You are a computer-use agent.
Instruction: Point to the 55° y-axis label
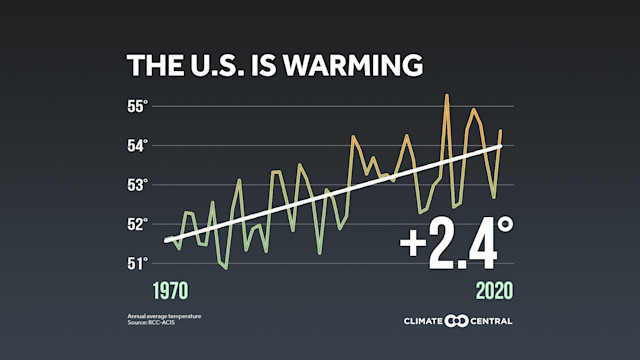click(x=136, y=106)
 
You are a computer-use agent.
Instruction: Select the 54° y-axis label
click(x=136, y=145)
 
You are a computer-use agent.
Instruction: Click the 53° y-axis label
click(x=136, y=185)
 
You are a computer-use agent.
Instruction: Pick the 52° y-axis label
click(x=136, y=224)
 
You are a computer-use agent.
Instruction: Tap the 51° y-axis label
click(x=136, y=263)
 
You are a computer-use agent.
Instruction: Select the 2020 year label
click(x=494, y=291)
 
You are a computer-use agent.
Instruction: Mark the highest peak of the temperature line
click(x=446, y=95)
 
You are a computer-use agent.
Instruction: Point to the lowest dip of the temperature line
click(x=226, y=268)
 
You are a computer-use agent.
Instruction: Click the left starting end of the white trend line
click(x=165, y=240)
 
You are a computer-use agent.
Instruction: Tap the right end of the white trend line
click(x=501, y=146)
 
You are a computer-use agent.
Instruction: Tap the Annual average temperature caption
click(x=164, y=316)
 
